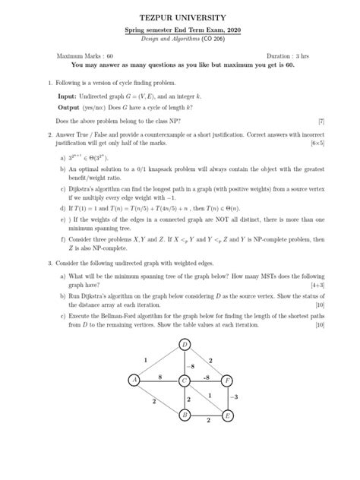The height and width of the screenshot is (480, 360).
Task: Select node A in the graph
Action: click(x=134, y=380)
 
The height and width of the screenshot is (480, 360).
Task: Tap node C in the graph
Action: click(x=185, y=380)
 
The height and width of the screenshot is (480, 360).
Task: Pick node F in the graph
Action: click(x=227, y=380)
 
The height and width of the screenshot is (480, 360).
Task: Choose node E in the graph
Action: click(x=227, y=415)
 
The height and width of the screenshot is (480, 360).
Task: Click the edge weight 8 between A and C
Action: click(x=159, y=374)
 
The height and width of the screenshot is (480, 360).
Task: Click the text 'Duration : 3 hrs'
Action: click(x=292, y=56)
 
